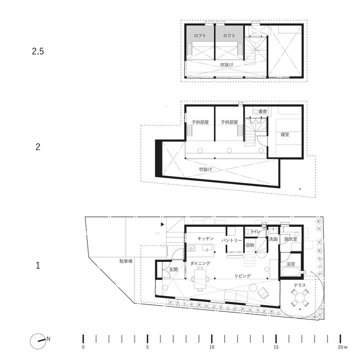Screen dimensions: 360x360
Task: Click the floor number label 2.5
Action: click(38, 51)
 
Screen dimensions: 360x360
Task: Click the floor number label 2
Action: click(38, 147)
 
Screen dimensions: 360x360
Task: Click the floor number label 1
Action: click(38, 265)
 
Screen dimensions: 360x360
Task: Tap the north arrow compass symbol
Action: click(37, 342)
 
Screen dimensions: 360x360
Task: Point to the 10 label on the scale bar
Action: click(211, 347)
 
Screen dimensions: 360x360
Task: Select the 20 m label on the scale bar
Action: click(342, 347)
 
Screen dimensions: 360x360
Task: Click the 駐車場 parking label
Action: click(126, 261)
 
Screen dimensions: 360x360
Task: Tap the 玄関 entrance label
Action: click(174, 270)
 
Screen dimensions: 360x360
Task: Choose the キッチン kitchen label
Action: click(206, 238)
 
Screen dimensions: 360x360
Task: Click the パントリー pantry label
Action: click(232, 240)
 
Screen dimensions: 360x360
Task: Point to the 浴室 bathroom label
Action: click(291, 264)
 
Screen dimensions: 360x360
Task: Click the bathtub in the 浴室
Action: click(291, 273)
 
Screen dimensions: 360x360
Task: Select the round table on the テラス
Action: click(300, 298)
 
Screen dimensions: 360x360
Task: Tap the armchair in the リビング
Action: click(263, 293)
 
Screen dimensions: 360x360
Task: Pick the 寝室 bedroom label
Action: click(285, 135)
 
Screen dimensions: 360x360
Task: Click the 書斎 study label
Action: click(263, 112)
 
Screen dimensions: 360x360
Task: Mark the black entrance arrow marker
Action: click(162, 224)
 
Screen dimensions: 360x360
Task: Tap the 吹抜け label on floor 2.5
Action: click(227, 65)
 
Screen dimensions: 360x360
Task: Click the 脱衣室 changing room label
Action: click(291, 239)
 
